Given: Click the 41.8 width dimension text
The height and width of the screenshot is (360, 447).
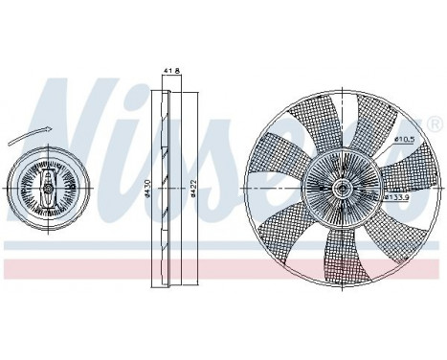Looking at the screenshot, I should (171, 70).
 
